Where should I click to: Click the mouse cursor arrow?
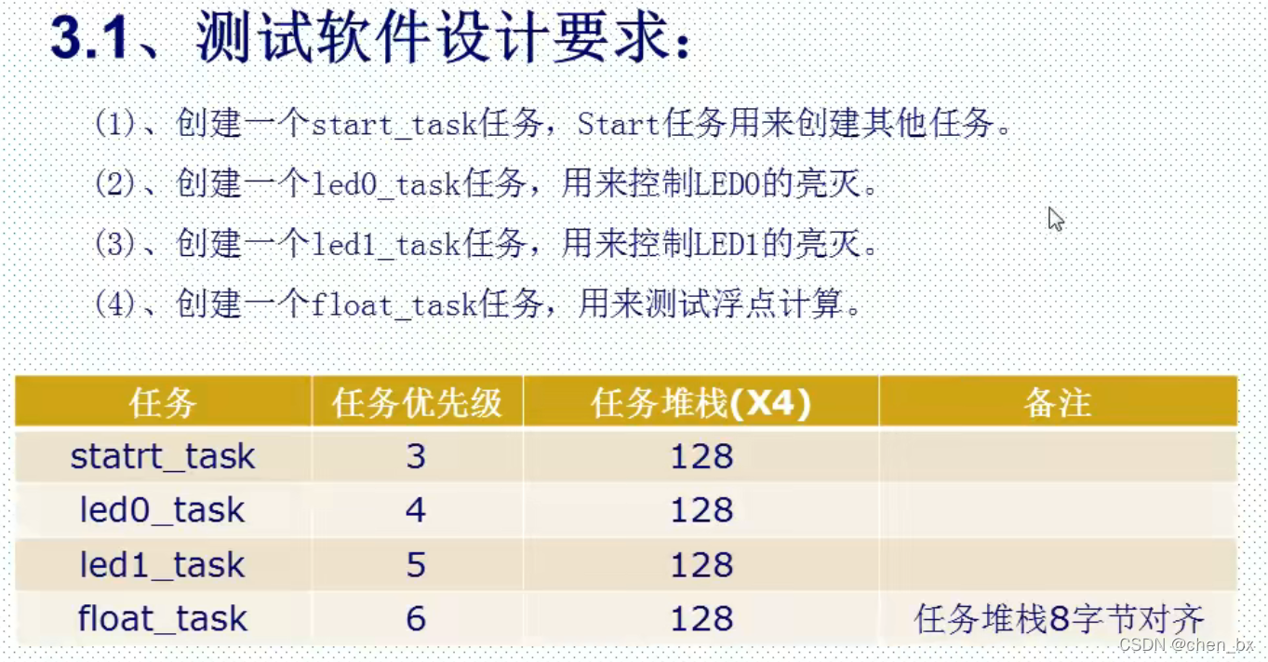point(1055,219)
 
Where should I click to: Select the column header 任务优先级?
point(417,403)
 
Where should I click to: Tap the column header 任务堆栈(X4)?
point(701,403)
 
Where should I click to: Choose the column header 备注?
point(1057,403)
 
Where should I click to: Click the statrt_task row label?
point(163,456)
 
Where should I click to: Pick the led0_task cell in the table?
point(163,510)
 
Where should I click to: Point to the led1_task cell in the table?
point(163,564)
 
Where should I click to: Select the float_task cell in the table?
point(163,618)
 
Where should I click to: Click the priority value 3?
point(416,456)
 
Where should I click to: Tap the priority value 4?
point(416,510)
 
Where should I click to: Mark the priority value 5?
point(416,564)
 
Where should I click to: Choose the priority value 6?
point(416,618)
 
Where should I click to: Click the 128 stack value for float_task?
point(701,618)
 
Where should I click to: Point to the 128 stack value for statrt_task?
point(701,456)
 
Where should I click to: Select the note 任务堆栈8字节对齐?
point(1059,618)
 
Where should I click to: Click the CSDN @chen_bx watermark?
point(1186,644)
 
